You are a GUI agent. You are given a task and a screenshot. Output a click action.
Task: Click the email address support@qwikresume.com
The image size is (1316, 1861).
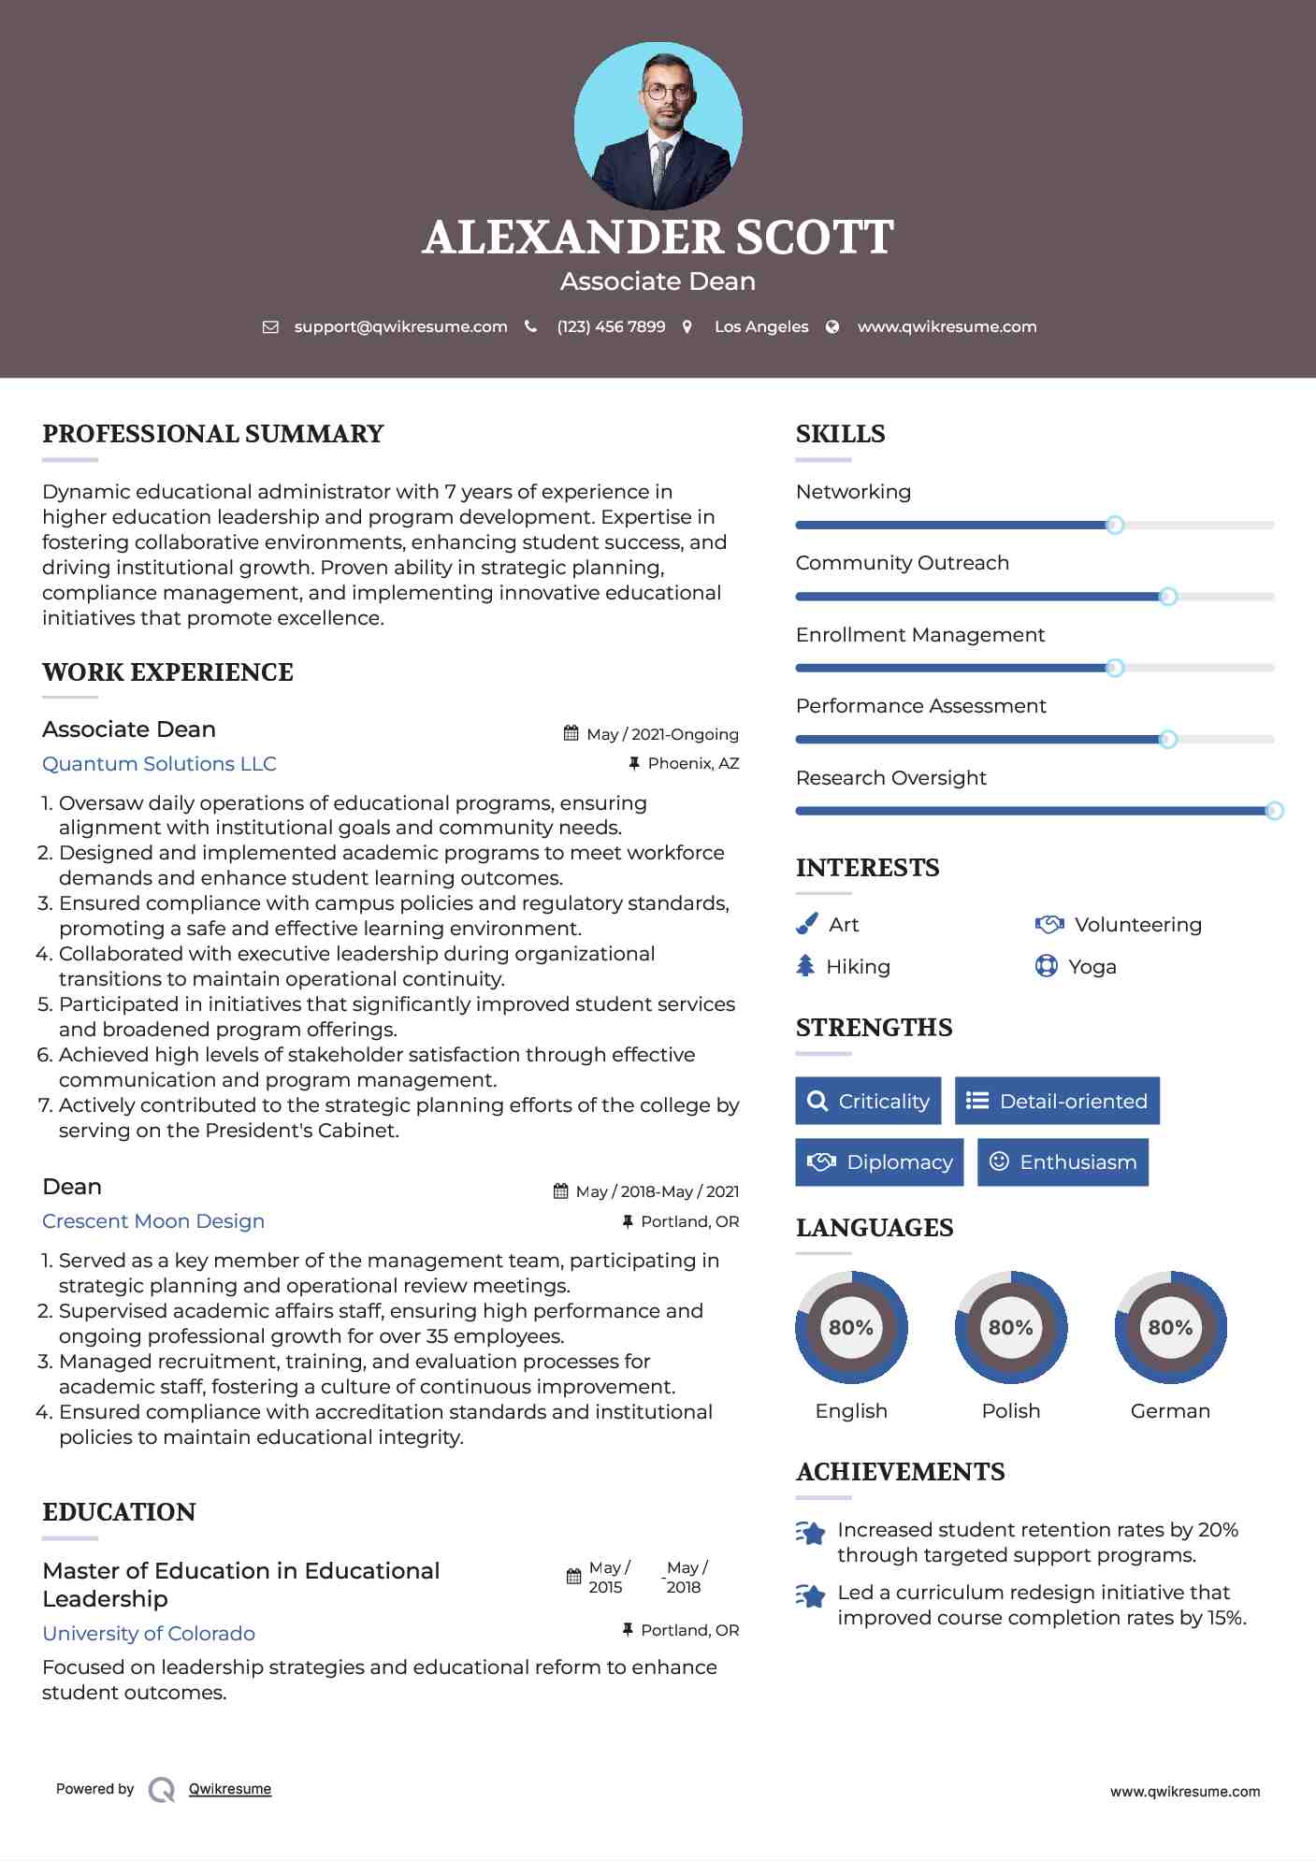click(x=400, y=326)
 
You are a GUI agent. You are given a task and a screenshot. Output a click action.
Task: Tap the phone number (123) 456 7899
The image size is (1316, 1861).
click(x=611, y=326)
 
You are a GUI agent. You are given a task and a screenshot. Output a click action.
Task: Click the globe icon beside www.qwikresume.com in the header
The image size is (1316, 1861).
click(x=832, y=326)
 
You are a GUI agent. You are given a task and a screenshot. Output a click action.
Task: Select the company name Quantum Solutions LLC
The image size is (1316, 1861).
click(x=159, y=764)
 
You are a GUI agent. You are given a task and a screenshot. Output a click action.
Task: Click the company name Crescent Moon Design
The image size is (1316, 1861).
click(x=153, y=1221)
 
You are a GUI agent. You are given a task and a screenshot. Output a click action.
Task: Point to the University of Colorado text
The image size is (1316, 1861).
click(x=149, y=1634)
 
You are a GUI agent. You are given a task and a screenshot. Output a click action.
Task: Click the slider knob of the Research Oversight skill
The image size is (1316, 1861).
click(x=1274, y=811)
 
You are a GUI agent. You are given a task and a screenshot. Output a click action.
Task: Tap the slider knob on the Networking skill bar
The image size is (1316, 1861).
click(x=1114, y=525)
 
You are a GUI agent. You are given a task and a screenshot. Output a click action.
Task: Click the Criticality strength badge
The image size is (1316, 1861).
click(x=868, y=1101)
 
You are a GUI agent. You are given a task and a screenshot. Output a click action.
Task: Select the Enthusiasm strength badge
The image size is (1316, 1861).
click(x=1063, y=1162)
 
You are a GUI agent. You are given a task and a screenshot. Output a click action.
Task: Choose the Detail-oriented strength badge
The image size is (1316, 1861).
click(x=1057, y=1101)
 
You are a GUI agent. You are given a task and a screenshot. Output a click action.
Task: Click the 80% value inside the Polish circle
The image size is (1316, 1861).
click(x=1010, y=1327)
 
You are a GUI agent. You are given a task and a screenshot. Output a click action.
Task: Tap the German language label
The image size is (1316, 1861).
click(x=1170, y=1411)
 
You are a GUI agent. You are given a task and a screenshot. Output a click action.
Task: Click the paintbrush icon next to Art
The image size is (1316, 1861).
click(x=806, y=924)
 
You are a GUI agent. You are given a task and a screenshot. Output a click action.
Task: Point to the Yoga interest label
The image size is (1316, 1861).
click(x=1092, y=967)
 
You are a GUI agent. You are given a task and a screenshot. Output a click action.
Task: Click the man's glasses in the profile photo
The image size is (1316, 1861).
click(x=667, y=93)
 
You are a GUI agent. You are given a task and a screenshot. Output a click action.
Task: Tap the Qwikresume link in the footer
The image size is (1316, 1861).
click(x=230, y=1789)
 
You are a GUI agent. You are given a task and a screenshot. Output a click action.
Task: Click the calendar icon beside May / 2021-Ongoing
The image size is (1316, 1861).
click(x=571, y=734)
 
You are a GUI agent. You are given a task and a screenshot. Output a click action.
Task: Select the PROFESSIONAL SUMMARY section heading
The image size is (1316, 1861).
click(x=213, y=434)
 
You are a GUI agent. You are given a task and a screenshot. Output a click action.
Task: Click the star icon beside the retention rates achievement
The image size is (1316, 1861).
click(x=810, y=1533)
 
